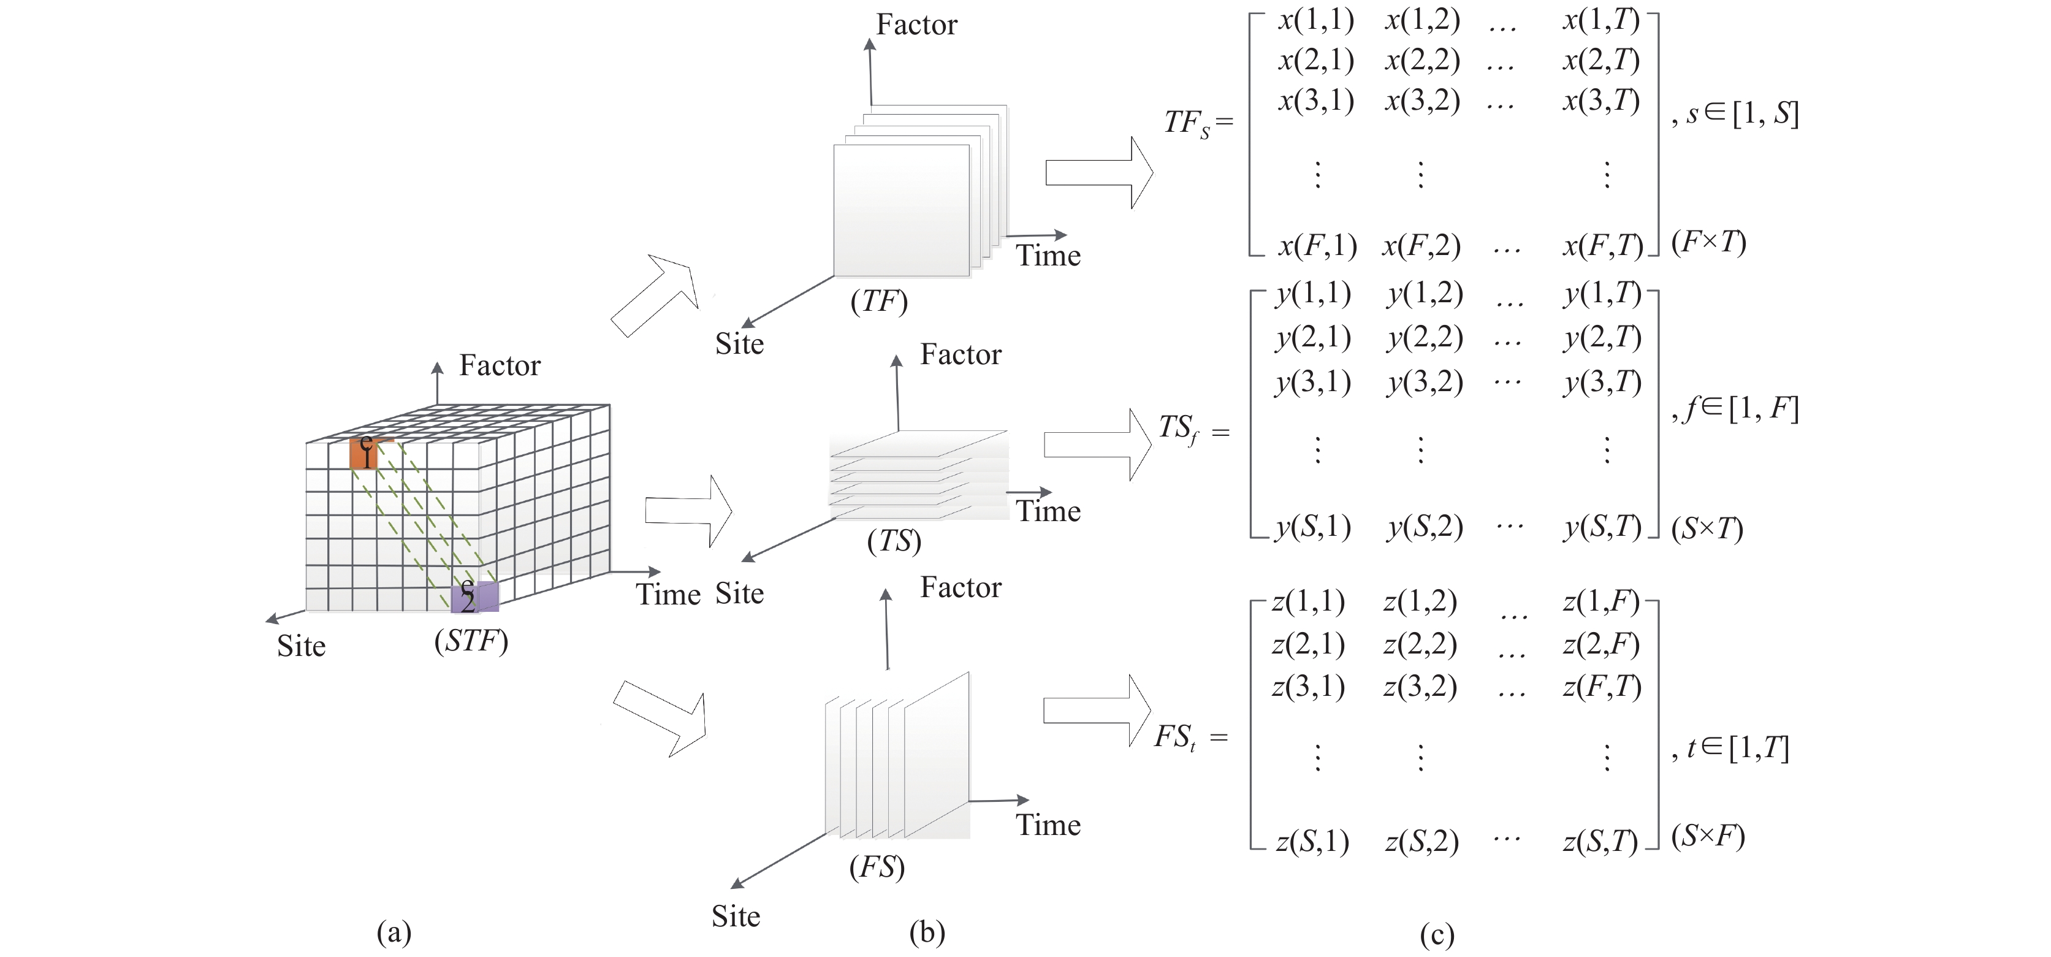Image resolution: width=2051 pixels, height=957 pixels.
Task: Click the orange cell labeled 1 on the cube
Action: (x=364, y=453)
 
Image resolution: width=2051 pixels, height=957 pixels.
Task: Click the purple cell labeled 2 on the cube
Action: (x=474, y=597)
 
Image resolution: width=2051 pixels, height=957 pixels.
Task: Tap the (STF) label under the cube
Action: (x=471, y=641)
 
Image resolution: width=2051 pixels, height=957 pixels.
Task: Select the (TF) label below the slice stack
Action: (x=879, y=301)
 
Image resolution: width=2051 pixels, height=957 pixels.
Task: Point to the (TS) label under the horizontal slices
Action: (x=894, y=541)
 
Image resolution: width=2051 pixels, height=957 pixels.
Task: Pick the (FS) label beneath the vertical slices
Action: (x=877, y=866)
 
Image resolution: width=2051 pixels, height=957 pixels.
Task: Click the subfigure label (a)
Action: (x=394, y=931)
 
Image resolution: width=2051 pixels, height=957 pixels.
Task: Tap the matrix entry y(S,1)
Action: (x=1313, y=527)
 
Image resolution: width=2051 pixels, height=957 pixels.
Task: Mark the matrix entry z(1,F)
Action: (x=1601, y=602)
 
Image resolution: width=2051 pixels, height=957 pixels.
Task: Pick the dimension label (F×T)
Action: (x=1708, y=242)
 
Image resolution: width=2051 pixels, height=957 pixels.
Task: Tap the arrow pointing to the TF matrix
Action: (x=1098, y=173)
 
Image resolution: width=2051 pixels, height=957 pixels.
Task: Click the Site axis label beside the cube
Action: (x=301, y=646)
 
